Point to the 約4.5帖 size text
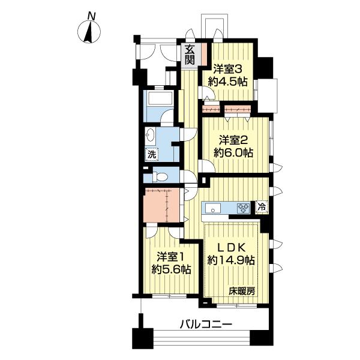click(228, 81)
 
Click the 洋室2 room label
click(231, 140)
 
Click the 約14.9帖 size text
click(232, 260)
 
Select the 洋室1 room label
click(170, 256)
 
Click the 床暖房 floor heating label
click(242, 291)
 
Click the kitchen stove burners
click(244, 208)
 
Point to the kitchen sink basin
click(214, 208)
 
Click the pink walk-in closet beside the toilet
click(162, 205)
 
